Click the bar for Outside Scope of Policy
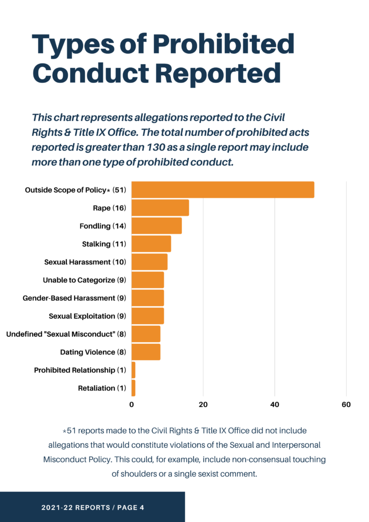pos(223,190)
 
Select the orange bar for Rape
pos(160,208)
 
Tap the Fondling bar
pos(156,226)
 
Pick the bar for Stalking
pos(151,244)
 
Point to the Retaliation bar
pos(134,388)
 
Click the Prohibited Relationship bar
pos(134,370)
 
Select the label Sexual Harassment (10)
pos(85,262)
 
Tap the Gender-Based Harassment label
pos(74,298)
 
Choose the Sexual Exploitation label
pos(87,316)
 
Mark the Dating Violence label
pos(93,352)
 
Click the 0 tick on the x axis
pos(131,404)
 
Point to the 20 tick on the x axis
pos(203,404)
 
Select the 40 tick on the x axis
pos(275,404)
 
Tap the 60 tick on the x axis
pos(346,404)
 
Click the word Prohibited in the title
pos(221,45)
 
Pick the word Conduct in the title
pos(93,73)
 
